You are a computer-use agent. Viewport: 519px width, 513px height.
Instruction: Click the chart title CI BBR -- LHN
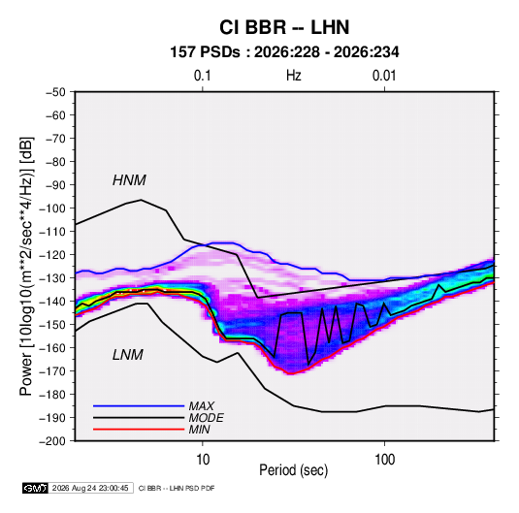tap(284, 27)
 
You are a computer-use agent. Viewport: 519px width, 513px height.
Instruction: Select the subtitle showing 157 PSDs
tap(284, 52)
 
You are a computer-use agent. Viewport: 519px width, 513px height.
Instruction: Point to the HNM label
tap(129, 180)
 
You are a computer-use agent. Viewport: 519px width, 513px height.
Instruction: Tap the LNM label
tap(128, 355)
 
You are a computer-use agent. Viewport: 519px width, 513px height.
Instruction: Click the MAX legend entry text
tap(201, 405)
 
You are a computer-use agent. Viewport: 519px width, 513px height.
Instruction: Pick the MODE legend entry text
tap(206, 418)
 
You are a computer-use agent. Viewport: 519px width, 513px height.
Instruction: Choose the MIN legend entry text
tap(199, 430)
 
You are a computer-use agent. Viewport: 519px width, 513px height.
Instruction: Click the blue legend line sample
tap(139, 405)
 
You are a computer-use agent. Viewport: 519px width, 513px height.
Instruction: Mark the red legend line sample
tap(139, 430)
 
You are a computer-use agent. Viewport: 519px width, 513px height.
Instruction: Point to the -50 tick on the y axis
tap(55, 92)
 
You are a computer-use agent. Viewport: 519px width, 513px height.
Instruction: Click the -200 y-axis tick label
tap(52, 441)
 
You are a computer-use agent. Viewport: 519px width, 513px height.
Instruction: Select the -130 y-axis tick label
tap(52, 278)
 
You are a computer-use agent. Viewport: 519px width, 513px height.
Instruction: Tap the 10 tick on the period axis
tap(203, 460)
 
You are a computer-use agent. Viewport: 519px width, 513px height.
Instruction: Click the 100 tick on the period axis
tap(384, 460)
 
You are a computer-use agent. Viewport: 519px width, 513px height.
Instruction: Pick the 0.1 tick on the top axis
tap(202, 76)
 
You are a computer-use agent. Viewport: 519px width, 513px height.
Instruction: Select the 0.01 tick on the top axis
tap(384, 76)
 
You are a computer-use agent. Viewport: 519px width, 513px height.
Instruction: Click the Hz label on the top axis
tap(294, 76)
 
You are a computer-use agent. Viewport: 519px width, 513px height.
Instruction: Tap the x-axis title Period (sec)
tap(293, 470)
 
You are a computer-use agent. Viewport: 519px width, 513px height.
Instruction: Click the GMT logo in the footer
tap(36, 488)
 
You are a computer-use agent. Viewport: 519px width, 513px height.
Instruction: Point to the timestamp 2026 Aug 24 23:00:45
tap(90, 488)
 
